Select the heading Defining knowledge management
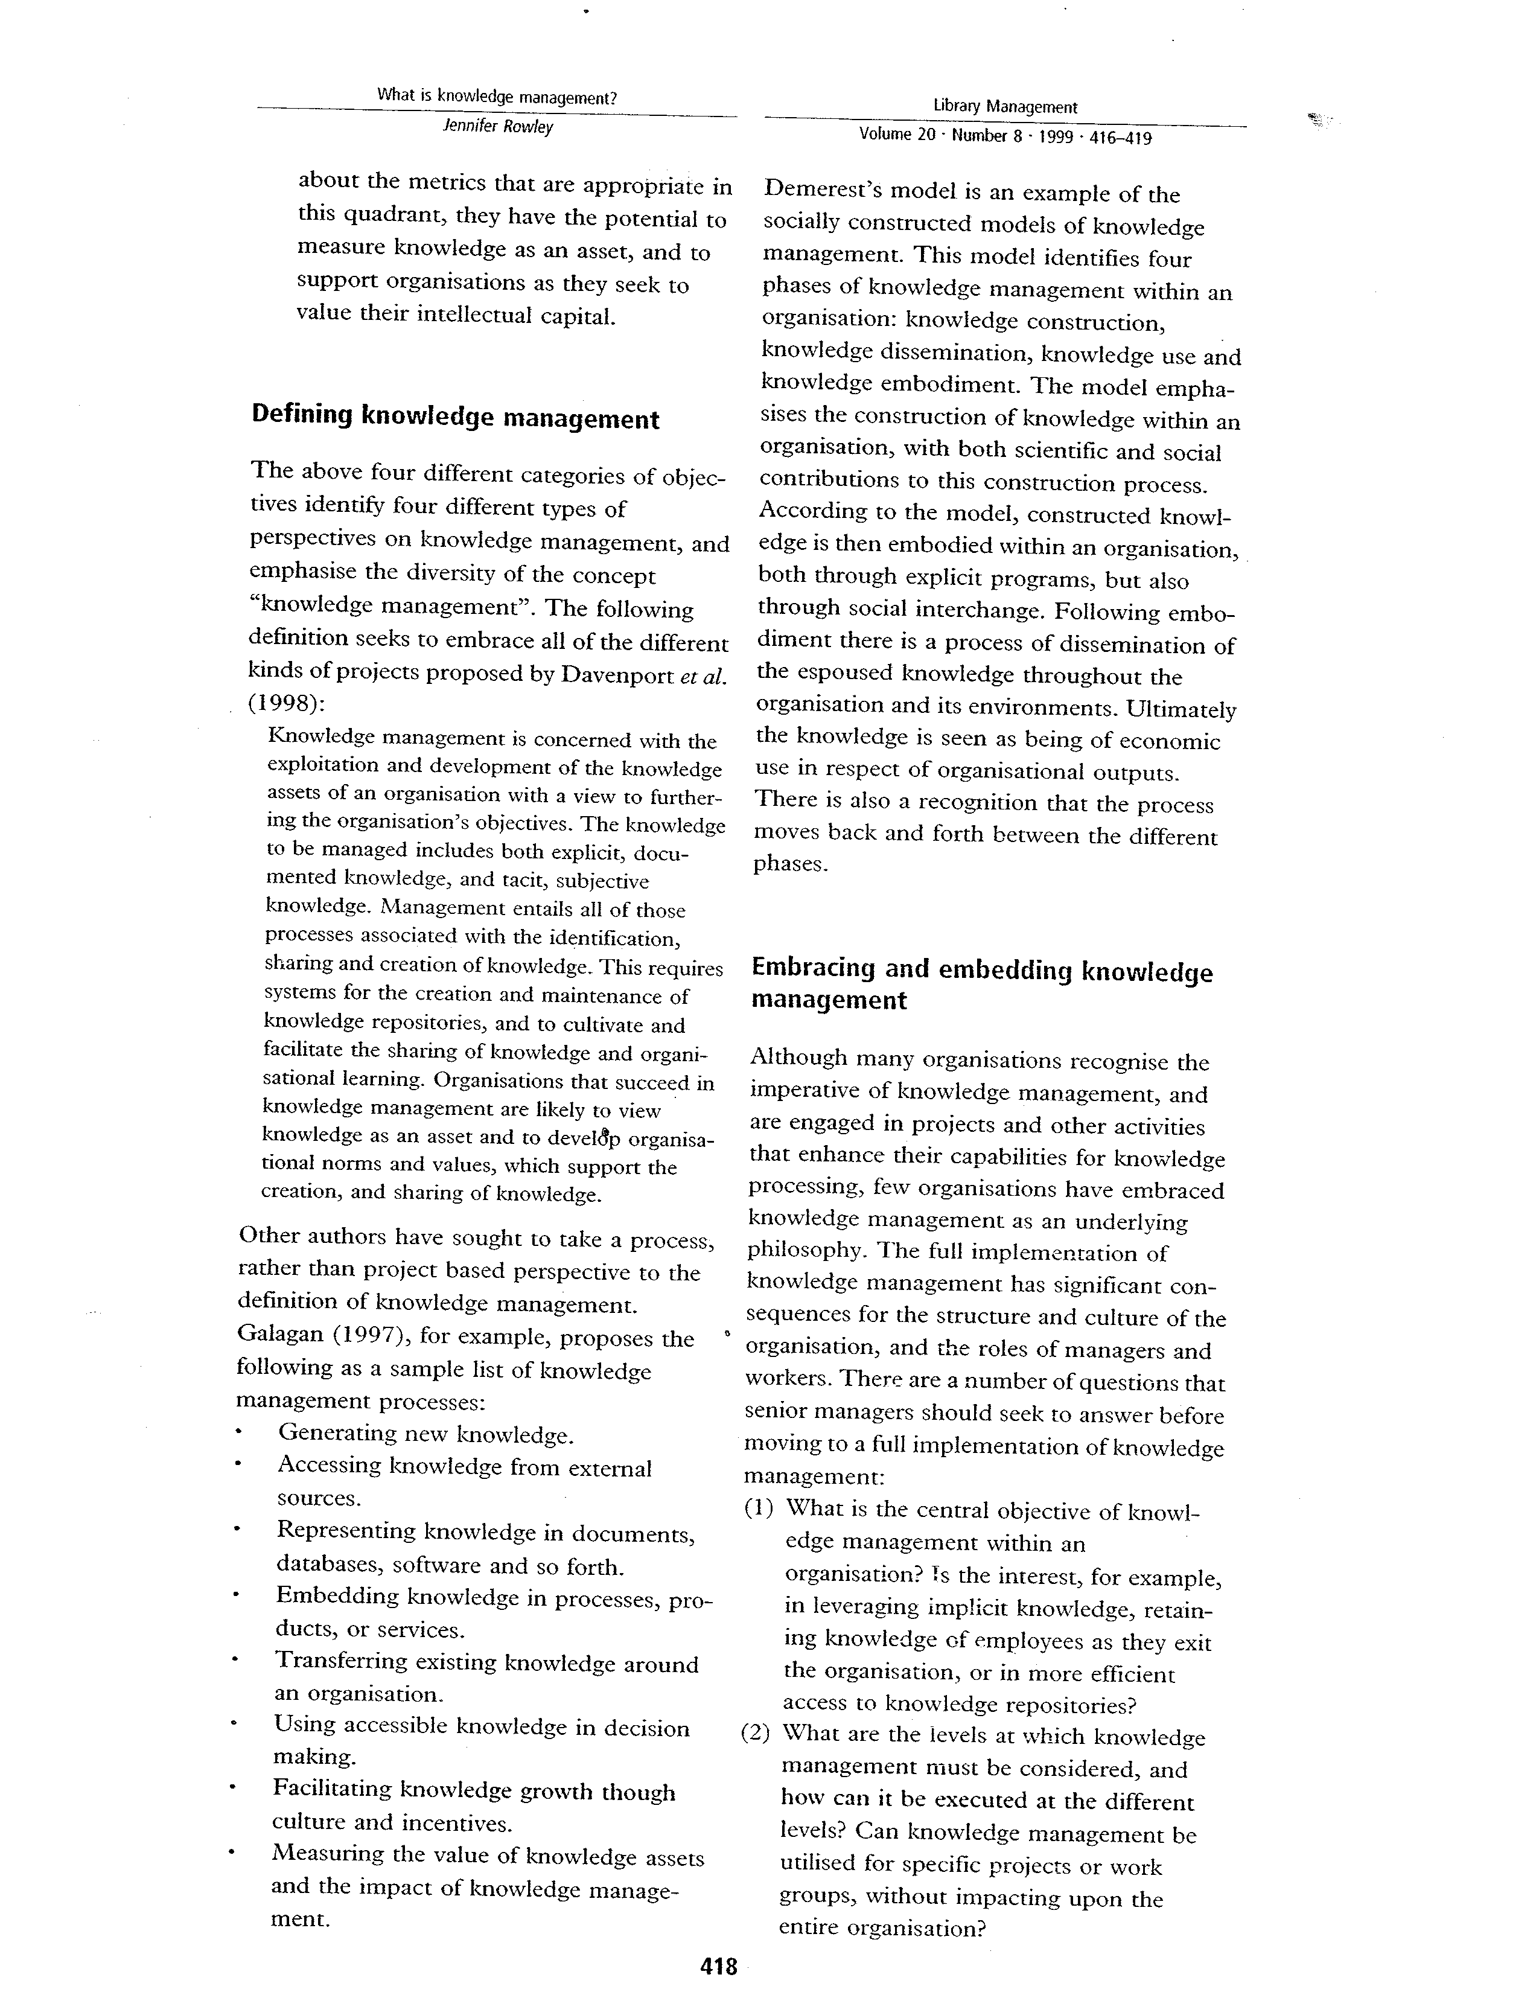tap(455, 418)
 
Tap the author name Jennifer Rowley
tap(498, 127)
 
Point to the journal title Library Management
tap(1005, 107)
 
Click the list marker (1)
tap(760, 1508)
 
